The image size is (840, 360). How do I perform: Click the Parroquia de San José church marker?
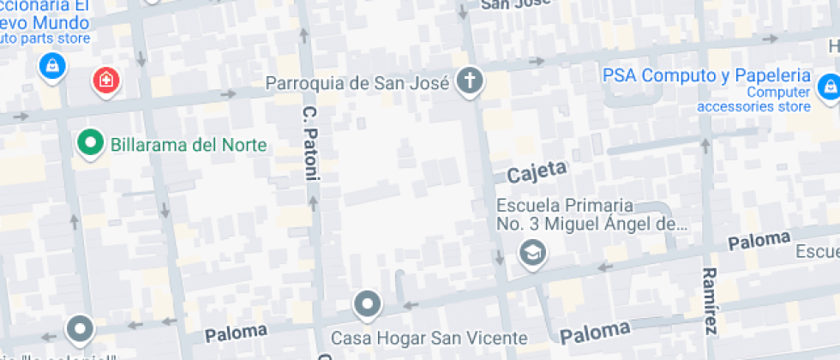[469, 81]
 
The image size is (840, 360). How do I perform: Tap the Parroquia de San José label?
[357, 83]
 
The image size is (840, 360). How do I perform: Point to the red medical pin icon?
[106, 81]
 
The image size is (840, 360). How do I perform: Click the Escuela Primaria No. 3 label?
[591, 216]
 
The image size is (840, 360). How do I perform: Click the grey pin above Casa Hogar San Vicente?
[368, 304]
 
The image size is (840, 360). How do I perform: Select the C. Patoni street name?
[310, 143]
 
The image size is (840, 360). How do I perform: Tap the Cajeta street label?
[537, 171]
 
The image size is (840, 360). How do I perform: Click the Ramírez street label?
[709, 300]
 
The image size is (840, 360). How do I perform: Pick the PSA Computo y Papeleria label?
[707, 75]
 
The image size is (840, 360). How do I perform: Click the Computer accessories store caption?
[753, 99]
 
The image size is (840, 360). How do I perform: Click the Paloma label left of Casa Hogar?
[236, 330]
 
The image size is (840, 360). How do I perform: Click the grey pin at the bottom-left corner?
[81, 328]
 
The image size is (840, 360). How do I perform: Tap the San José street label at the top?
[514, 4]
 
